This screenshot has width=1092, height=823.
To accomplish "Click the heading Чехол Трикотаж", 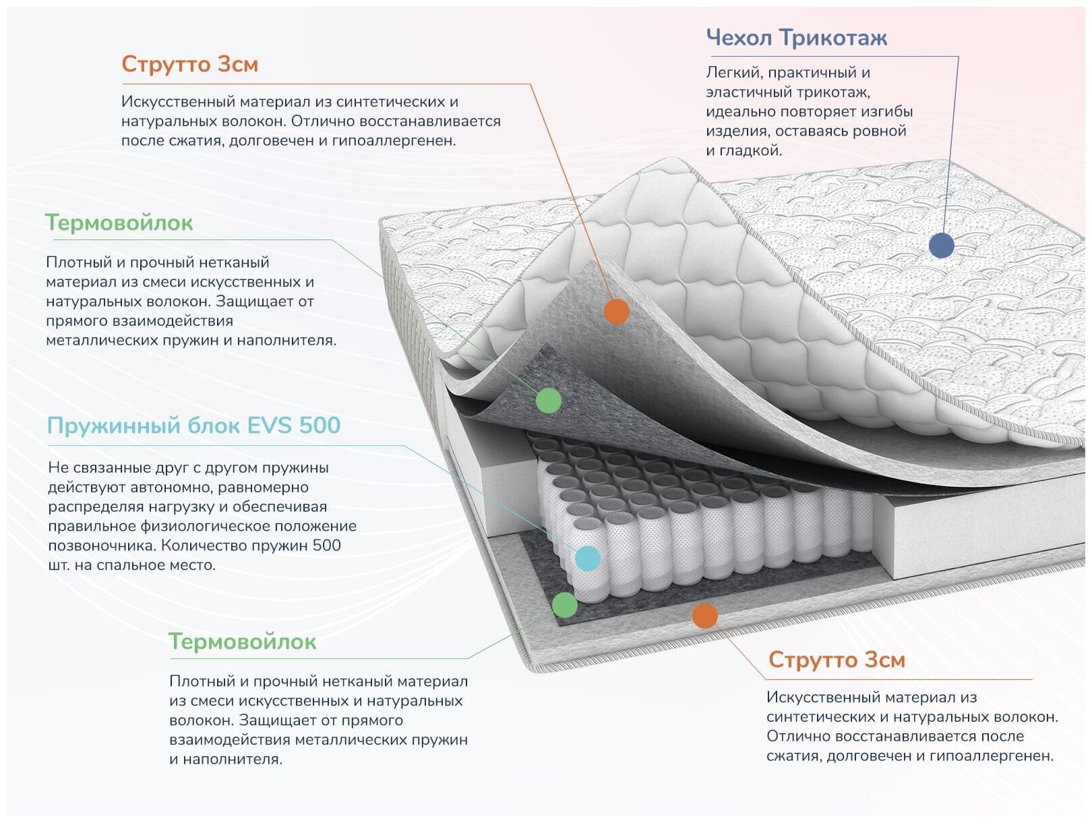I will [796, 38].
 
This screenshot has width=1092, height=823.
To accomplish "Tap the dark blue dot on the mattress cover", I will [941, 246].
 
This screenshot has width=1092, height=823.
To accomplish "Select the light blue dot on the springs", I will [588, 559].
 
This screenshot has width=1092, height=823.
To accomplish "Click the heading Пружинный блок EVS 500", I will [193, 426].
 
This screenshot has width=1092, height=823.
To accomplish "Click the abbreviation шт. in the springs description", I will [58, 565].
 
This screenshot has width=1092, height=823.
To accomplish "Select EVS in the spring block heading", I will [270, 426].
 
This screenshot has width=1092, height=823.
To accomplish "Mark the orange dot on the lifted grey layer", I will [616, 312].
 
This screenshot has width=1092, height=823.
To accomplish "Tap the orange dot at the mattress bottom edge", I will [704, 615].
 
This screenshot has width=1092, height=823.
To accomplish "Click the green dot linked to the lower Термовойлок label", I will [565, 605].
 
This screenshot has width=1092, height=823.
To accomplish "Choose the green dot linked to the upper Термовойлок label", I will [549, 401].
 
